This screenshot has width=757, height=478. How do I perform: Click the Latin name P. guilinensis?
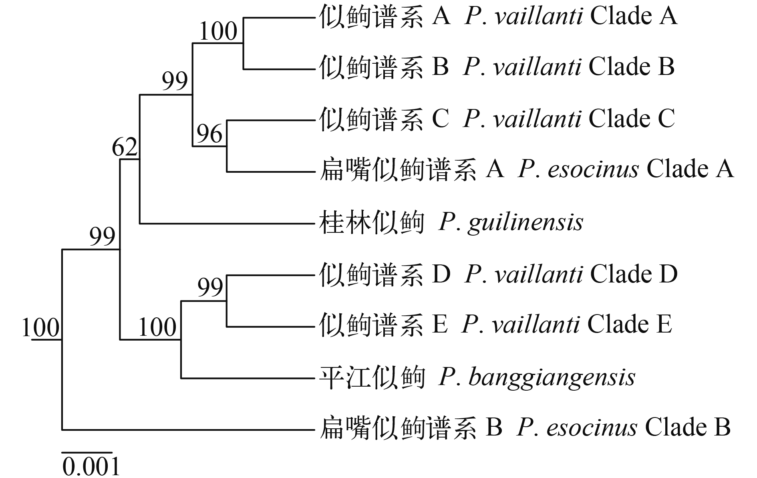[x=511, y=222]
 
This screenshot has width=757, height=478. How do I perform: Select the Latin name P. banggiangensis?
[x=537, y=377]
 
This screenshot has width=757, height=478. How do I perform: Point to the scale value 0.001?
[x=91, y=467]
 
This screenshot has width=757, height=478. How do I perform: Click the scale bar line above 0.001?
[x=87, y=453]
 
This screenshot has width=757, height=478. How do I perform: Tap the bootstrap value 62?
[x=125, y=147]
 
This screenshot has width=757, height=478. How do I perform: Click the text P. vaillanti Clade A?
[x=571, y=17]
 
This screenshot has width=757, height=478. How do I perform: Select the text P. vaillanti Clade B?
[x=569, y=67]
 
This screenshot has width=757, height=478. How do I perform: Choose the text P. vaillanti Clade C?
[x=569, y=119]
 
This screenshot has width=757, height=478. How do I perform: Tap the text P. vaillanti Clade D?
[x=571, y=274]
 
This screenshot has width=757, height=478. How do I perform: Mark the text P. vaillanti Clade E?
[x=567, y=325]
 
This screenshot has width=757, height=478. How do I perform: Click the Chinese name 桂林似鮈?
[x=371, y=222]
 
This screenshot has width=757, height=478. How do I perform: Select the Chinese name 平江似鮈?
[x=371, y=377]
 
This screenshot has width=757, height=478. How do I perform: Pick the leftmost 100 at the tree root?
[x=40, y=327]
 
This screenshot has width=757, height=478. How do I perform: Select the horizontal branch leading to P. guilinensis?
[x=226, y=223]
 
